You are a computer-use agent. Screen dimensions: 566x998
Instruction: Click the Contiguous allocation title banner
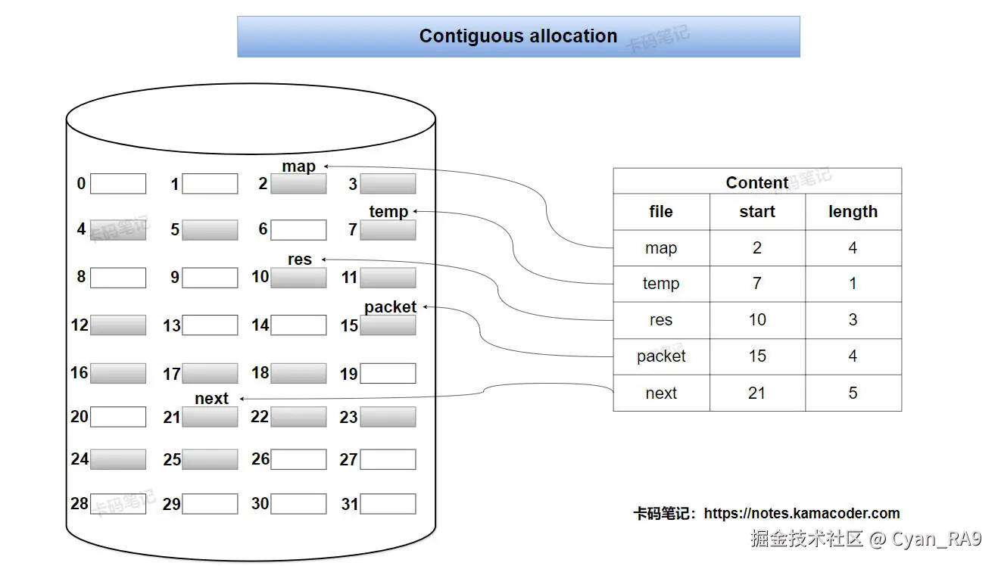click(x=518, y=36)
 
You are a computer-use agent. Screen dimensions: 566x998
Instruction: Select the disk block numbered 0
click(x=118, y=184)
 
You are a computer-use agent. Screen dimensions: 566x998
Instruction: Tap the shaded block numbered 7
click(x=388, y=230)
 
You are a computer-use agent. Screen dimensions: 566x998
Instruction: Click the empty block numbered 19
click(x=388, y=373)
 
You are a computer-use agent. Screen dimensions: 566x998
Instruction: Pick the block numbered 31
click(x=388, y=504)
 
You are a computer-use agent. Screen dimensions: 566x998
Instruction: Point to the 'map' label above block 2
click(x=299, y=166)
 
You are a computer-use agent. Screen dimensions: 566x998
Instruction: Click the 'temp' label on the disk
click(x=388, y=212)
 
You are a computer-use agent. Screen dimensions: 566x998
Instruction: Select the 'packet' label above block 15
click(x=390, y=307)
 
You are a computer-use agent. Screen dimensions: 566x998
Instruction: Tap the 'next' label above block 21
click(x=211, y=399)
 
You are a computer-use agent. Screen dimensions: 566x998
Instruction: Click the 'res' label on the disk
click(x=300, y=260)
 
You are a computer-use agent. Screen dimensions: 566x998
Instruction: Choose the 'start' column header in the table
click(x=757, y=212)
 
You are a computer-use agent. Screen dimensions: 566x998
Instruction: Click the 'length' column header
click(x=853, y=212)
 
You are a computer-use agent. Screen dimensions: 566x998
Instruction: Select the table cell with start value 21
click(x=757, y=393)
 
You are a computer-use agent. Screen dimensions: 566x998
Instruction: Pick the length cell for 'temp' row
click(x=853, y=284)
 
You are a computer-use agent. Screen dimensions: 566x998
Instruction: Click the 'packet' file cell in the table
click(x=661, y=356)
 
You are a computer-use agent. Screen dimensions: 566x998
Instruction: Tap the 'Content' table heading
click(x=757, y=182)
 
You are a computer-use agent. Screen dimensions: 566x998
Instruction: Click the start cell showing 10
click(x=757, y=320)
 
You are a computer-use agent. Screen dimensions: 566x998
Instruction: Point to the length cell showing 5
click(x=853, y=393)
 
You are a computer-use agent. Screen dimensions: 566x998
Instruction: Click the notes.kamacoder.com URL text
click(x=801, y=514)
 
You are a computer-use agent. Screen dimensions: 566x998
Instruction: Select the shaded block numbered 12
click(x=118, y=325)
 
